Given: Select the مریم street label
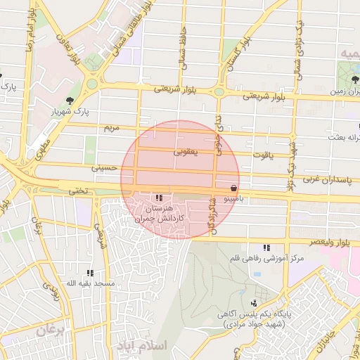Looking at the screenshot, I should pos(112,129).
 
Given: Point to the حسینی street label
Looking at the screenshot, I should pos(105,168).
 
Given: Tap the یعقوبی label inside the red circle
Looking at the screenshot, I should pos(186,151).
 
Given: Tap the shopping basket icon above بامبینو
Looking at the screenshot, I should pos(233,188).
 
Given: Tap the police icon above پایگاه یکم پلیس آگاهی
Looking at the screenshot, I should pos(254,302).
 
